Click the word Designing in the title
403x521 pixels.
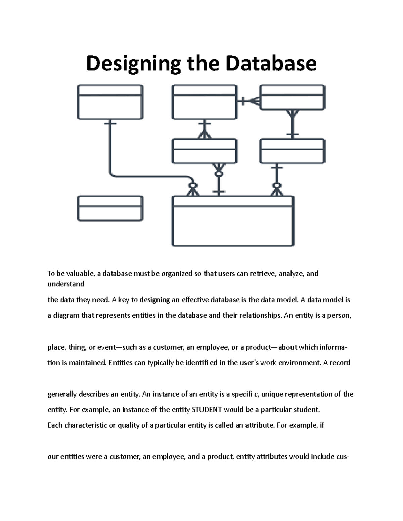[133, 64]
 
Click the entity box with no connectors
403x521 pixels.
[110, 208]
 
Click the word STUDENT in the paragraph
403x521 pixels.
[207, 410]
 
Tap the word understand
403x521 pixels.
[66, 284]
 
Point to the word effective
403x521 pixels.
[195, 300]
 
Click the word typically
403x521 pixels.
[160, 363]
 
